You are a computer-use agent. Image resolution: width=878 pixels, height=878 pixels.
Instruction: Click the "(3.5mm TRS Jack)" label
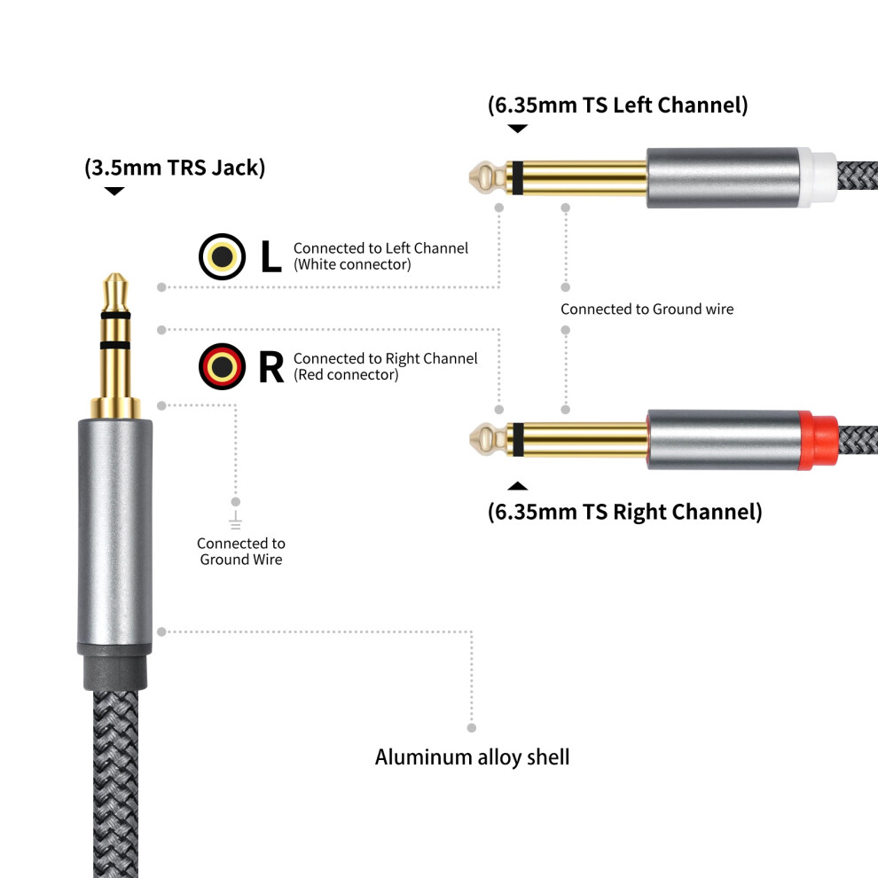pos(175,168)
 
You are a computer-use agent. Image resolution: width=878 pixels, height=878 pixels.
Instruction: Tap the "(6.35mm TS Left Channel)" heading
pos(617,105)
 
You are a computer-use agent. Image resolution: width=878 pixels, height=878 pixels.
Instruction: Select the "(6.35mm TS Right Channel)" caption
pos(625,511)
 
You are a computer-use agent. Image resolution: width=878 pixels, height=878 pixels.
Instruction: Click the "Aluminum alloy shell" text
pos(472,757)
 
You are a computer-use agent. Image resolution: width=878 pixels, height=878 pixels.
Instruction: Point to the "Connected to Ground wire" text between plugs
pos(647,310)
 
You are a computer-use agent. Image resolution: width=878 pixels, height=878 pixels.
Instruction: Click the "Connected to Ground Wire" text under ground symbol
pos(240,551)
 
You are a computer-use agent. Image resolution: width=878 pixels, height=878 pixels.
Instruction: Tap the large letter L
pos(271,256)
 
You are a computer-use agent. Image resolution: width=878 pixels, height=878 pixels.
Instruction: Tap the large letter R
pos(271,367)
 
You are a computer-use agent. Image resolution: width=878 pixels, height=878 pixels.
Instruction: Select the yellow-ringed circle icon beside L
pos(222,256)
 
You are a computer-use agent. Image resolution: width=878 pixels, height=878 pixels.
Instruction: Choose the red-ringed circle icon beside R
pos(222,367)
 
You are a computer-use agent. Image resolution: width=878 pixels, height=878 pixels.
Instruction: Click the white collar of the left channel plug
pos(818,177)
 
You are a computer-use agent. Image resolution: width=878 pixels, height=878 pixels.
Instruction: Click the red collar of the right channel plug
pos(818,440)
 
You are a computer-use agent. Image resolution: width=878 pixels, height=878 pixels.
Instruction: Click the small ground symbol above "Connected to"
pos(236,521)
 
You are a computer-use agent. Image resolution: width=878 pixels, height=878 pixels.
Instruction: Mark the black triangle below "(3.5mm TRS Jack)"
pos(114,192)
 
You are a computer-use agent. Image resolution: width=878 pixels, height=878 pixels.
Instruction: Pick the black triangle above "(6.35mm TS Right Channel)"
pos(517,486)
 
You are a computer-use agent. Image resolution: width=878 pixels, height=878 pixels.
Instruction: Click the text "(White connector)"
pos(352,264)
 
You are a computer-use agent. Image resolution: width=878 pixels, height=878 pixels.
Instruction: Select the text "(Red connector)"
pos(346,374)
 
